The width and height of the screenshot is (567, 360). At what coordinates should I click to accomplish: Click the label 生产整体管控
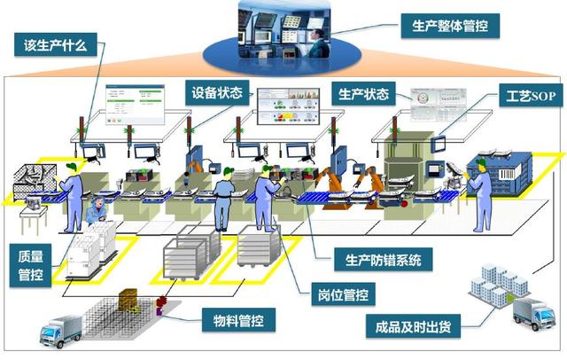[450, 27]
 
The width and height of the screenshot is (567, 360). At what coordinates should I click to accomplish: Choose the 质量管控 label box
[30, 265]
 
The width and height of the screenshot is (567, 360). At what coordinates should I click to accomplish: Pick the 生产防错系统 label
[384, 261]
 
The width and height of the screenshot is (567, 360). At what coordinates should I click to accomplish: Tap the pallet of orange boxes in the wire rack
[128, 304]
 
